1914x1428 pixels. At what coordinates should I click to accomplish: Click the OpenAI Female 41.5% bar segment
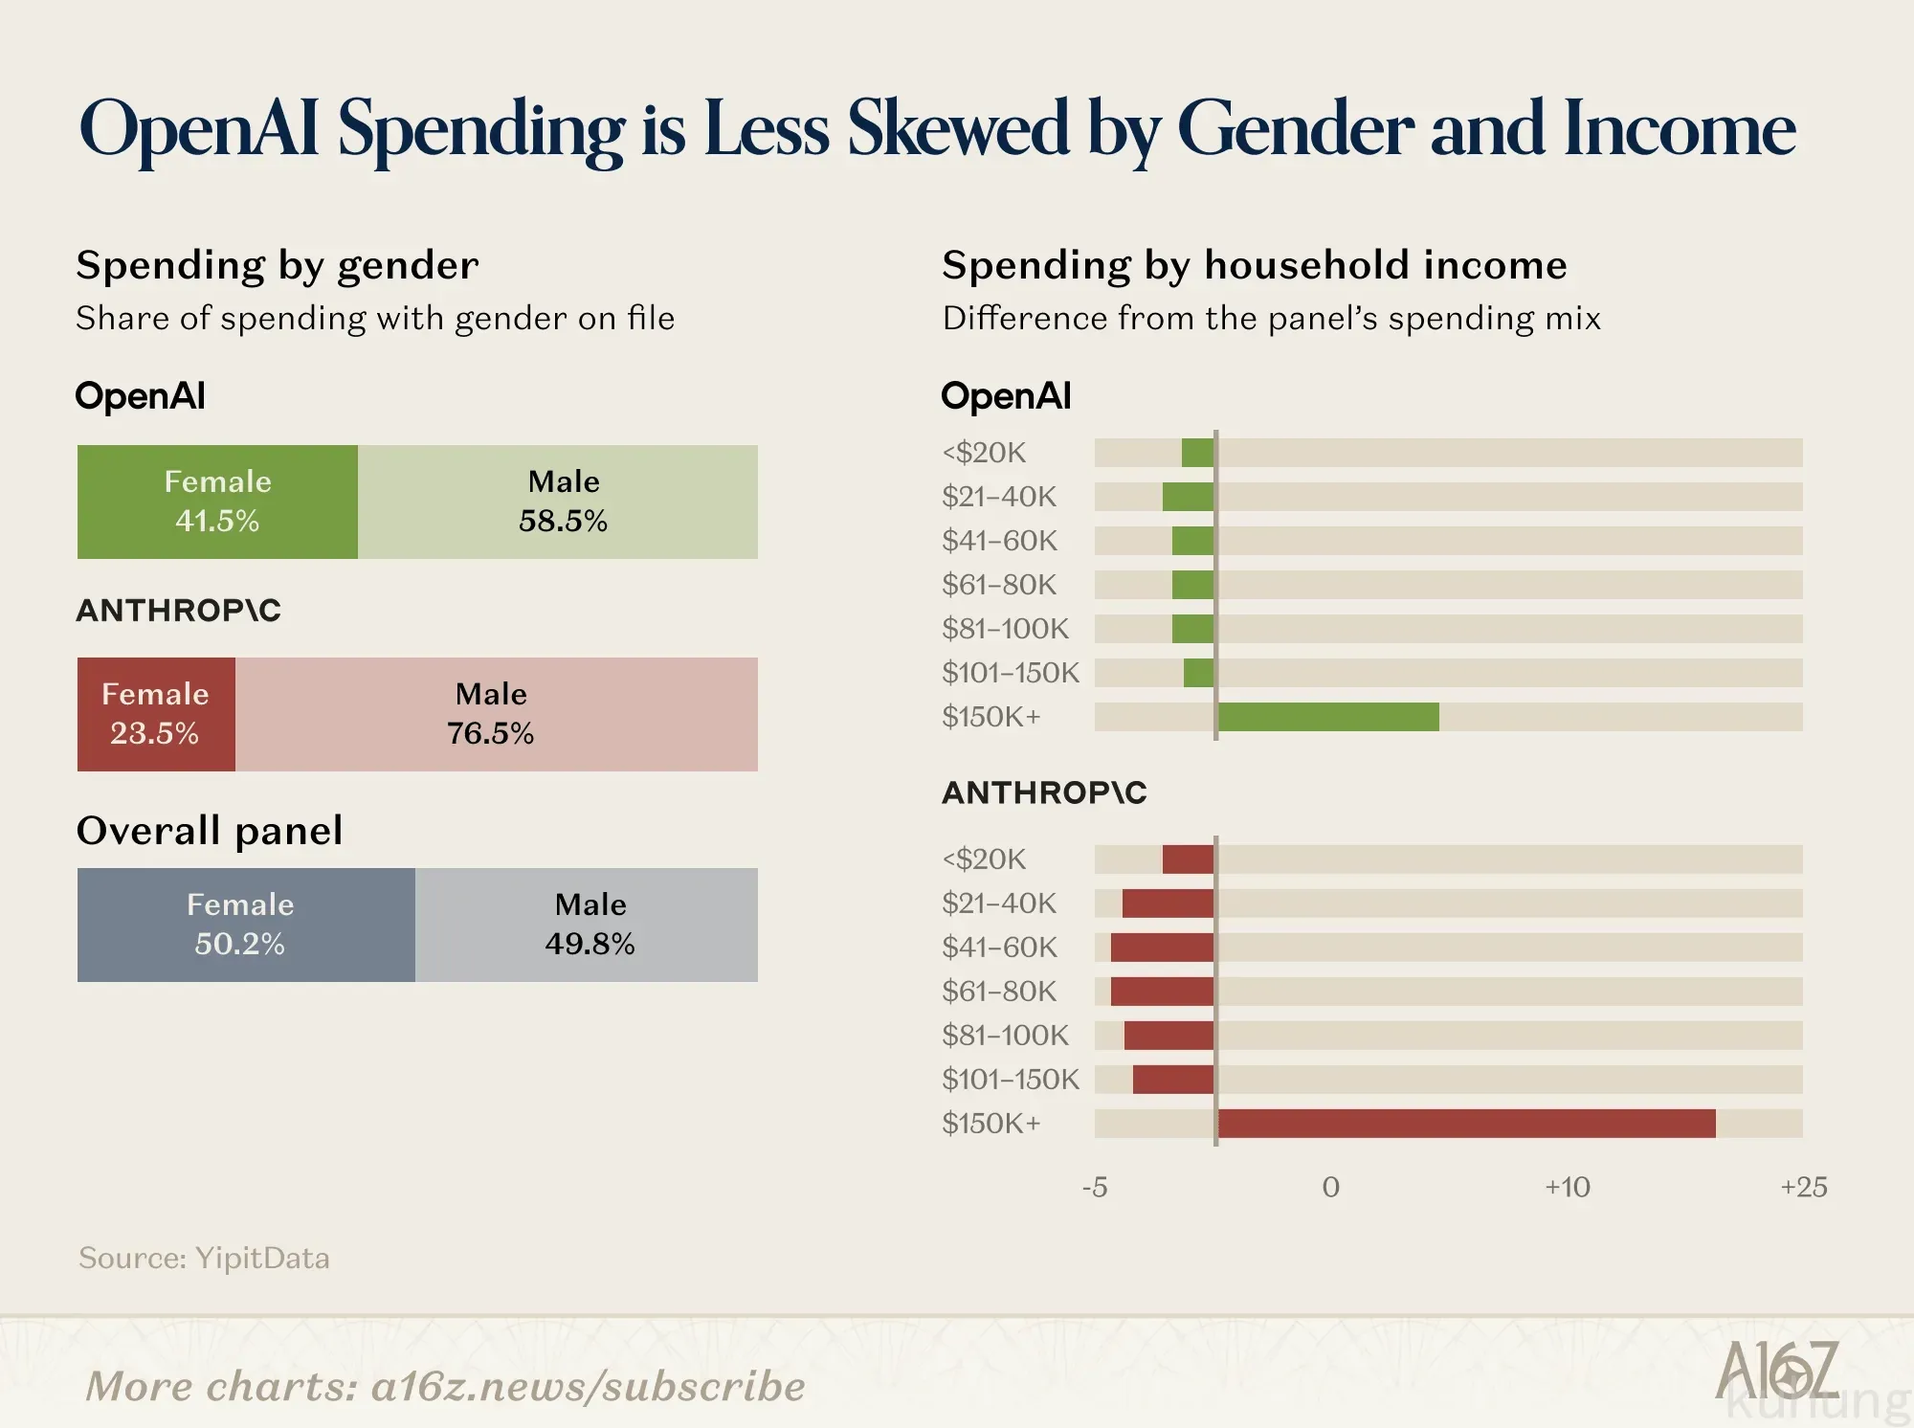[217, 502]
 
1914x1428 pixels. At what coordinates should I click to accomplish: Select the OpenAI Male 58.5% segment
[558, 502]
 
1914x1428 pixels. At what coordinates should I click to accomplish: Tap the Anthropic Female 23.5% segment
[156, 714]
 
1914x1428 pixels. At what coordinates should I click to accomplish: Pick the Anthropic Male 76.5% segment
[497, 714]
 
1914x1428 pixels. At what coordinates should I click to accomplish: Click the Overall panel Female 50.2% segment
[246, 925]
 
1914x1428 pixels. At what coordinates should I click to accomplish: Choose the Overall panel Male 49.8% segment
[587, 925]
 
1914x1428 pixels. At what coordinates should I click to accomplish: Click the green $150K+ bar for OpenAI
[1328, 717]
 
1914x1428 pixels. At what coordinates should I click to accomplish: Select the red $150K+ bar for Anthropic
[1466, 1124]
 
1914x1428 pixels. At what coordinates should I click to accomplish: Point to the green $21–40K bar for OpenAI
[1189, 497]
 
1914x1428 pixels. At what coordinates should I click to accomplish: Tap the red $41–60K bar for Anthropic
[1163, 948]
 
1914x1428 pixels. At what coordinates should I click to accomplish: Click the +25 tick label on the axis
[1804, 1187]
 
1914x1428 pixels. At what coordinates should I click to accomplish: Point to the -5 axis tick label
[1095, 1187]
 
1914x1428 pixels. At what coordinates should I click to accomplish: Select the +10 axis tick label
[1568, 1187]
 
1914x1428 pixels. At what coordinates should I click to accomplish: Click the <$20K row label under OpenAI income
[984, 452]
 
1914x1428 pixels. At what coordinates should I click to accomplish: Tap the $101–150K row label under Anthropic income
[1011, 1079]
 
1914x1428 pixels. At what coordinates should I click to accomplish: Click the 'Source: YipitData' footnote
[204, 1258]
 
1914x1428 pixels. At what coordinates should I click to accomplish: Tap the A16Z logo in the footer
[1777, 1370]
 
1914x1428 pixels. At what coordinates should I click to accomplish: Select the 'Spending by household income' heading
[1255, 265]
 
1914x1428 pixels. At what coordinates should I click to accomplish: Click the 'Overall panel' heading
[210, 830]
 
